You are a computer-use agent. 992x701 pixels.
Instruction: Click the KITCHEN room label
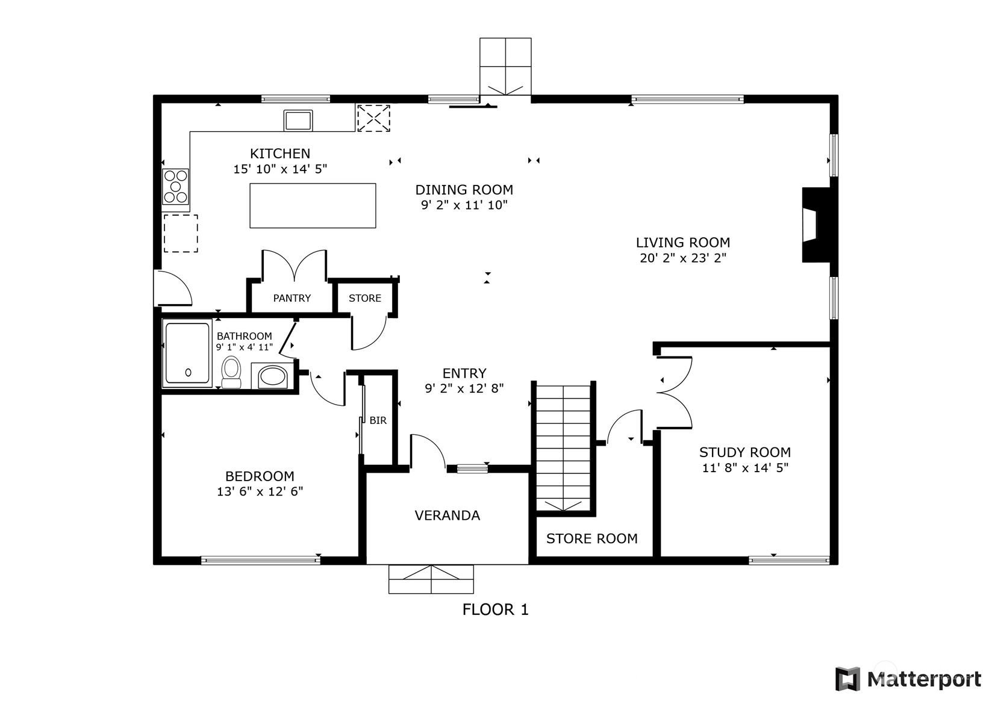[x=280, y=154]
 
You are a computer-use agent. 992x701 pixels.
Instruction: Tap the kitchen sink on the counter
[x=298, y=120]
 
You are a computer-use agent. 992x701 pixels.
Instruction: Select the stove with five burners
[x=176, y=187]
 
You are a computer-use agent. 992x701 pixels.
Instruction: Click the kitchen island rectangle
[x=313, y=206]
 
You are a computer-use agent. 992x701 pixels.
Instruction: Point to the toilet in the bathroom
[x=231, y=372]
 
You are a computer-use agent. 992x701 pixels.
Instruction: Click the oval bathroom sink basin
[x=272, y=377]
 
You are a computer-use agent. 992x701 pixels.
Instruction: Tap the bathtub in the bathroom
[x=187, y=354]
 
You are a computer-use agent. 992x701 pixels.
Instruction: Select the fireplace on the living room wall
[x=816, y=225]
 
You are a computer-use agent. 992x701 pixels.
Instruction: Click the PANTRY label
[x=292, y=298]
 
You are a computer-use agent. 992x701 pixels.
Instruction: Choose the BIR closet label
[x=378, y=420]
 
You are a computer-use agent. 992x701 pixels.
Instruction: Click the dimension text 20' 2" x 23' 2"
[x=683, y=258]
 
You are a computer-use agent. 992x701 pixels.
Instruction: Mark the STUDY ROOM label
[x=745, y=452]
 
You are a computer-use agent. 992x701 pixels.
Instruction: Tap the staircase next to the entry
[x=563, y=447]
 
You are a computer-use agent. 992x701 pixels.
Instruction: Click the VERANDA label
[x=448, y=515]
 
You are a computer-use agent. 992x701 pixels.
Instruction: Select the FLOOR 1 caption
[x=496, y=610]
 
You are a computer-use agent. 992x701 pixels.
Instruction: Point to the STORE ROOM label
[x=591, y=538]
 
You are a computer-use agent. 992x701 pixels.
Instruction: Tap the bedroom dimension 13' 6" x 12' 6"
[x=260, y=491]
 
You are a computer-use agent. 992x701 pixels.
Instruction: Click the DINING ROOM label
[x=464, y=190]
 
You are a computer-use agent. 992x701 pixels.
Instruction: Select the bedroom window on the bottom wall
[x=260, y=560]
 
